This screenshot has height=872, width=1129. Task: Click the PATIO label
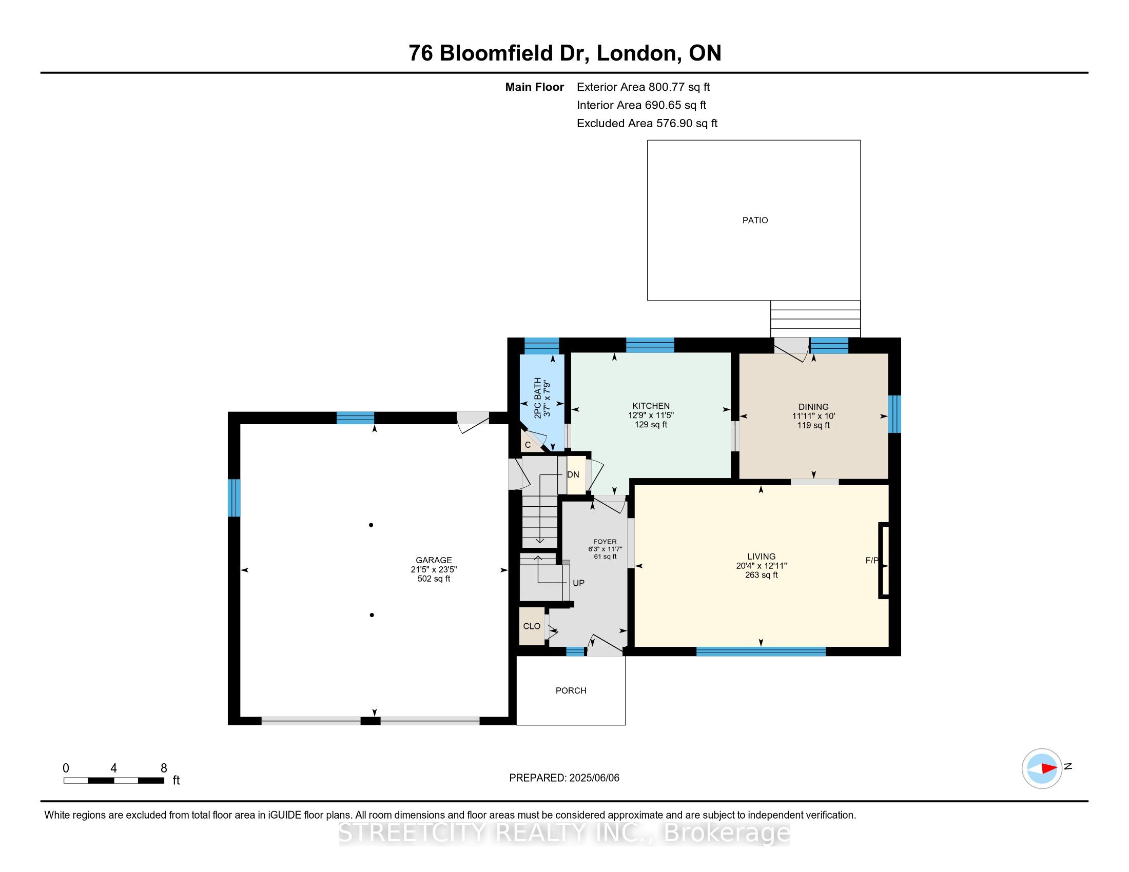coord(755,220)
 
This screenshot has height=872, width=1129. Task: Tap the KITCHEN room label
coord(651,406)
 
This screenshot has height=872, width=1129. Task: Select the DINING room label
coord(813,407)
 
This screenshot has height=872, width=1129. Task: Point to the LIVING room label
coord(761,557)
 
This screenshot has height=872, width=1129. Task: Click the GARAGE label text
coord(434,560)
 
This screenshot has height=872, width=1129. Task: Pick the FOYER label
coord(605,542)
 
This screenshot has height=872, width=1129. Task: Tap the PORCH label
coord(571,691)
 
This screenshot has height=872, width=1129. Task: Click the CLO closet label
coord(532,626)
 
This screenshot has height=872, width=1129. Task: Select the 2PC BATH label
coord(538,398)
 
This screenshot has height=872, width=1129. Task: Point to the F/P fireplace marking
coord(871,560)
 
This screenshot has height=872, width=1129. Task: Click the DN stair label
coord(573,475)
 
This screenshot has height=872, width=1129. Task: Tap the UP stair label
coord(578,583)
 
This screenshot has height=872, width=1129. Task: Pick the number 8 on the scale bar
coord(164,768)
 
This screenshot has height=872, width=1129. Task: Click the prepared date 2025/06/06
coord(594,778)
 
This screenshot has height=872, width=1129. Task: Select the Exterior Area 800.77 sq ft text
coord(644,87)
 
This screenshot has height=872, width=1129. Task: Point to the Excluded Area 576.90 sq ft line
coord(647,124)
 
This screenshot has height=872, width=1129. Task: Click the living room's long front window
coord(761,651)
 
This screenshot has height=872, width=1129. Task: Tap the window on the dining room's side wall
coord(894,414)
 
